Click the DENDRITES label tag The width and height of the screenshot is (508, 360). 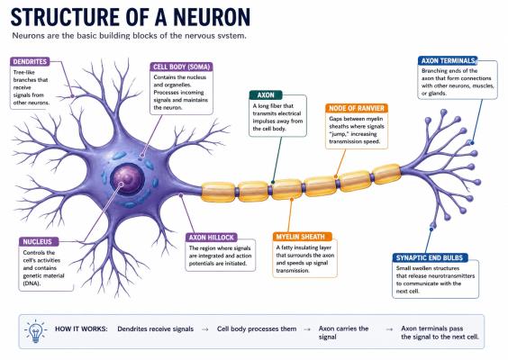(30, 61)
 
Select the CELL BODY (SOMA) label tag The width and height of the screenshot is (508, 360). (181, 67)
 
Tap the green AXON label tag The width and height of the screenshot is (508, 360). (266, 95)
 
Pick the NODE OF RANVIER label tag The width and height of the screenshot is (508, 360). (357, 108)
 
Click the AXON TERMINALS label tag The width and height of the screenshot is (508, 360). (448, 61)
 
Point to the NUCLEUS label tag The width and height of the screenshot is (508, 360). (39, 242)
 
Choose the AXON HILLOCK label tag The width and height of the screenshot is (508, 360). (212, 238)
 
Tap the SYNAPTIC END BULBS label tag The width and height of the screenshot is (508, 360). (430, 258)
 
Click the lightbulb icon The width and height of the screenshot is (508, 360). (35, 331)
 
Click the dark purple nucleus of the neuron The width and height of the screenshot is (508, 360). (127, 179)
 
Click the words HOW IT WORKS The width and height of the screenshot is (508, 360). (81, 328)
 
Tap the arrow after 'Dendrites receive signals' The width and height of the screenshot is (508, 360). (204, 329)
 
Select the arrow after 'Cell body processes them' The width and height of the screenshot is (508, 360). (307, 329)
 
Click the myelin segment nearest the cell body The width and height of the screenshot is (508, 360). (218, 192)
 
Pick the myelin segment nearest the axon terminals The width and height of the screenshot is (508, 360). (386, 175)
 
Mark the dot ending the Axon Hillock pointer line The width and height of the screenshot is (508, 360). (181, 195)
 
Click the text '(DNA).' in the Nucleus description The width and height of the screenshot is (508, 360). (32, 283)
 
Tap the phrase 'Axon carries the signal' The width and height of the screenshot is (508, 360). (343, 333)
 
